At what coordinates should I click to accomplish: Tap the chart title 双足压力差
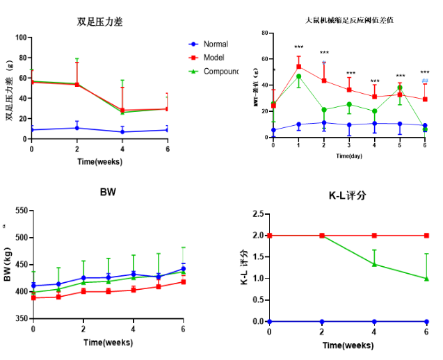click(x=101, y=22)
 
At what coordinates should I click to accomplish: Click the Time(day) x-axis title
click(x=348, y=156)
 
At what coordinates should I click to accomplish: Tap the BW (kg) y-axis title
click(x=8, y=264)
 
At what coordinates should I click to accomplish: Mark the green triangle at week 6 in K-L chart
click(x=426, y=278)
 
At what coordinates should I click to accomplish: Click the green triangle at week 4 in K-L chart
click(x=374, y=264)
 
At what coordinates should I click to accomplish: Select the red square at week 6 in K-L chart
click(x=426, y=236)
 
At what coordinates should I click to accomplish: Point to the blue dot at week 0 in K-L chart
click(x=269, y=321)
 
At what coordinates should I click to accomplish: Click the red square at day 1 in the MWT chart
click(x=298, y=67)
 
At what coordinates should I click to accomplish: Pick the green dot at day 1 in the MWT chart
click(x=298, y=76)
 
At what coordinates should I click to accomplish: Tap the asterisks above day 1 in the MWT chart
click(x=298, y=47)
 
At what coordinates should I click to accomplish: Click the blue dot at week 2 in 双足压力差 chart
click(x=76, y=128)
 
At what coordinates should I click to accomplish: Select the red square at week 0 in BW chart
click(x=33, y=297)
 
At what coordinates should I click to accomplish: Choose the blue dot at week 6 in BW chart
click(x=183, y=269)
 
